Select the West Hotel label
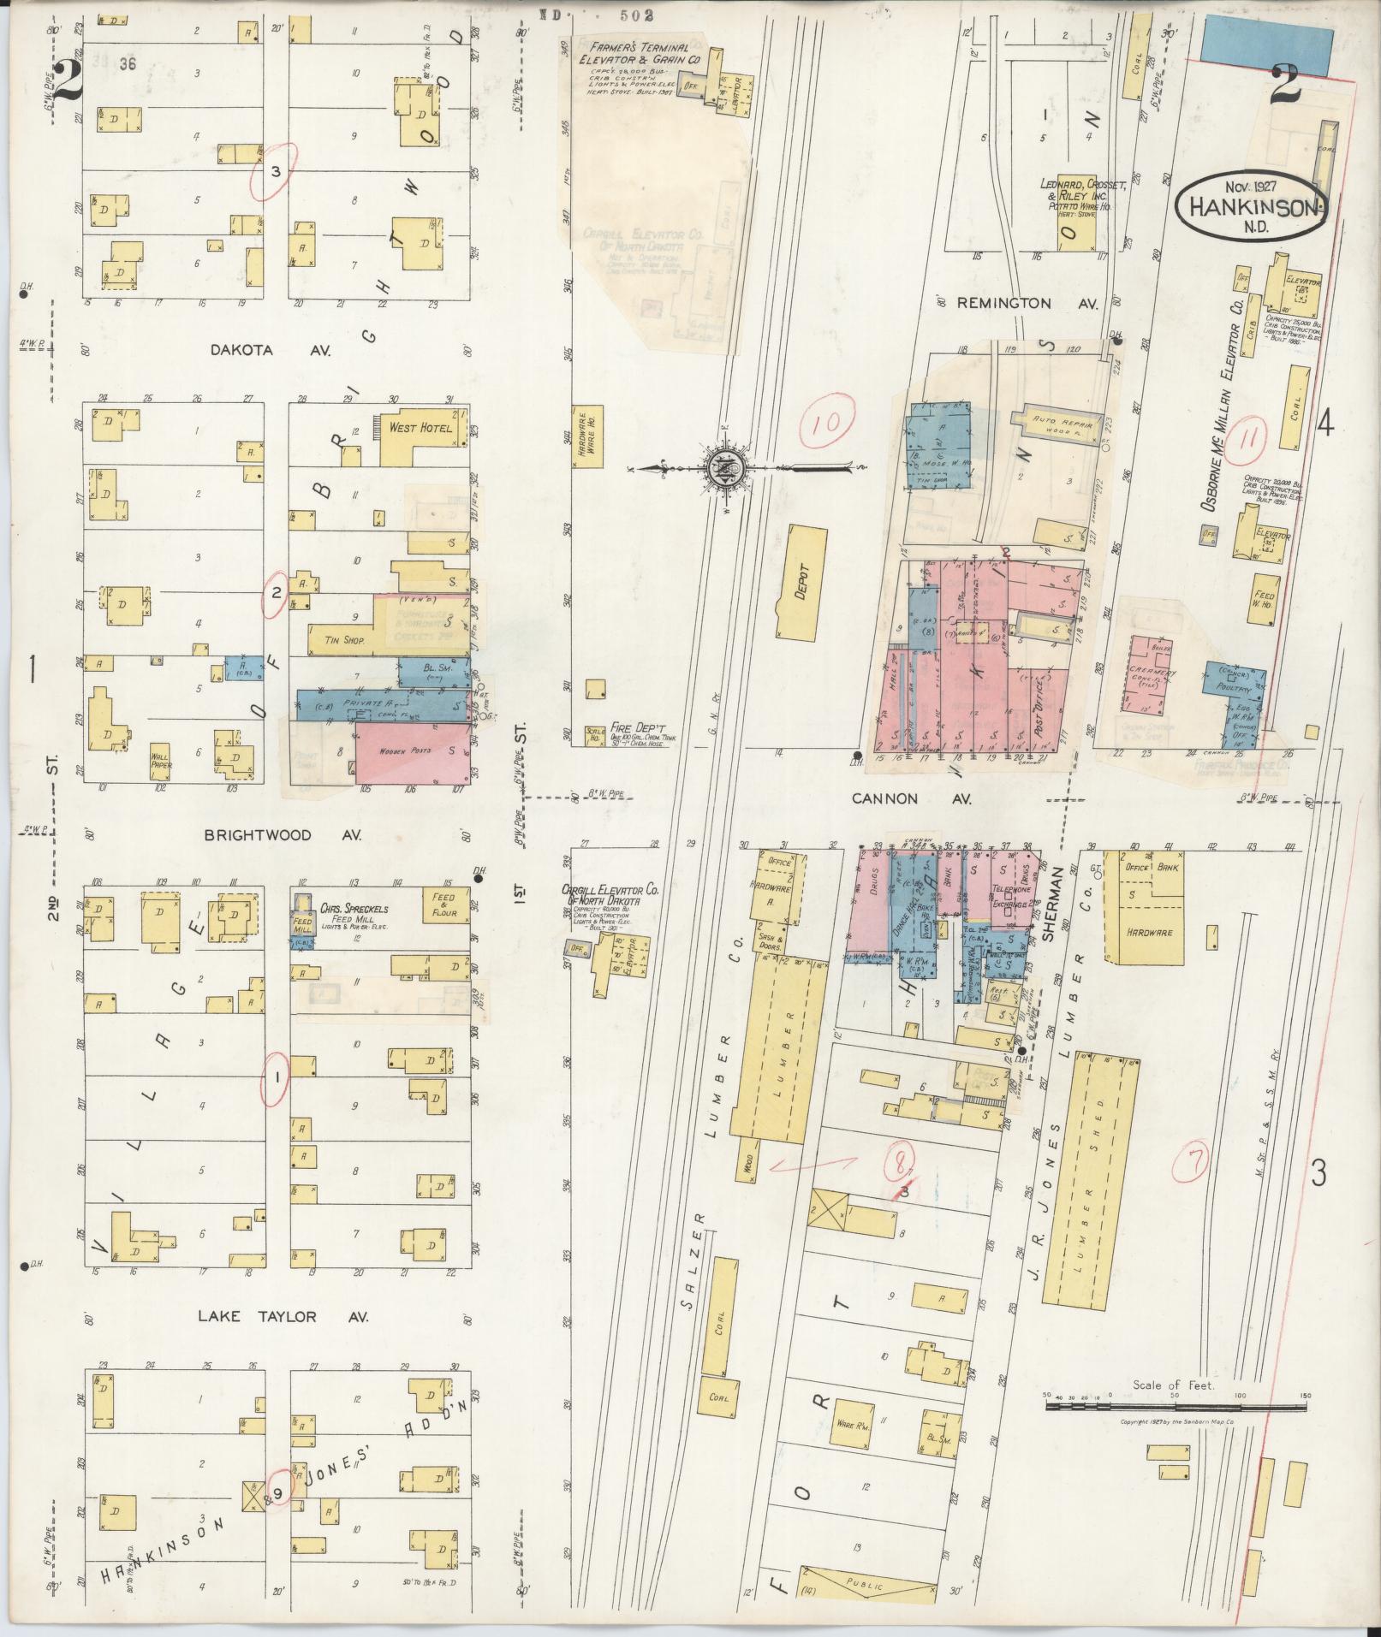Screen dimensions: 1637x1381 point(420,427)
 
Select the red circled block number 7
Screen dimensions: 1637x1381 point(1193,1161)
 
